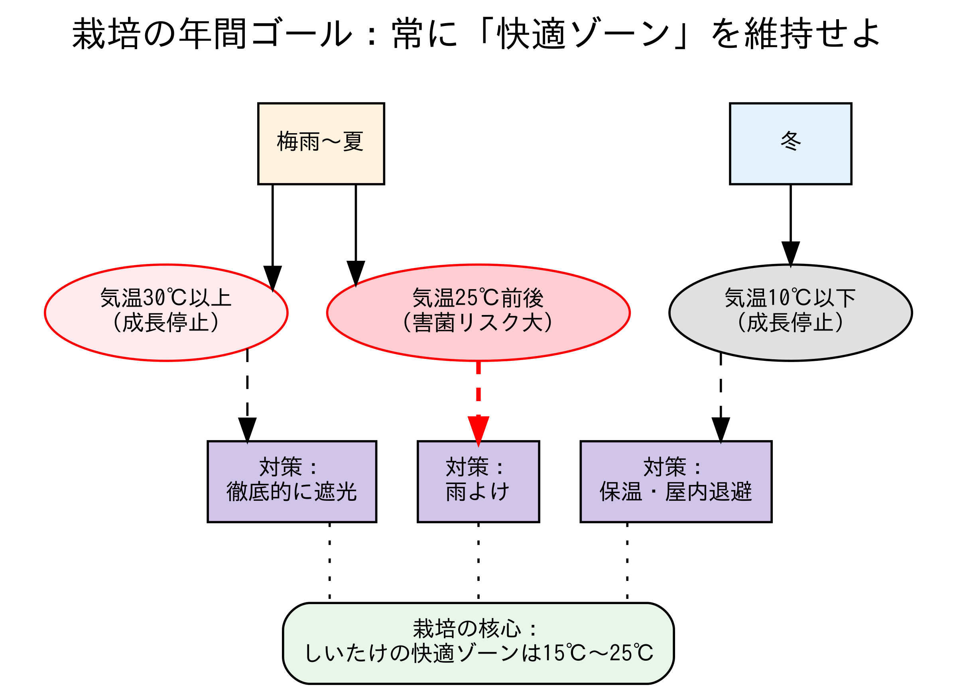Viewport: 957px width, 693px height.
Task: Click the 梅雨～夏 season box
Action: pos(321,144)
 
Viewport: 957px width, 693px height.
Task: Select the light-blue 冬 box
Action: pos(790,144)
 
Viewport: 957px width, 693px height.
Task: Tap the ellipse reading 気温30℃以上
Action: pos(166,313)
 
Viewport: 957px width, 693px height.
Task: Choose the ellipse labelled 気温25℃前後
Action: pos(478,313)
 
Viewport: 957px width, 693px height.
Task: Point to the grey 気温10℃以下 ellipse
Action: pos(790,313)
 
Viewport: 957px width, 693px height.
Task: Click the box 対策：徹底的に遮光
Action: pos(291,482)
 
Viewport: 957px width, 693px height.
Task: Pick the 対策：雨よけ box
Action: pos(478,482)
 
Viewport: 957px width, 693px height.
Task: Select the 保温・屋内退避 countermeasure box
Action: pos(676,482)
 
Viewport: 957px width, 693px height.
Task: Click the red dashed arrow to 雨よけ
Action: pos(478,397)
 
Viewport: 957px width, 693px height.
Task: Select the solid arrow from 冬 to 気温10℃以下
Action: pos(790,219)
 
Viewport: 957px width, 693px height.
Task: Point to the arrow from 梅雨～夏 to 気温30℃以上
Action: pos(273,228)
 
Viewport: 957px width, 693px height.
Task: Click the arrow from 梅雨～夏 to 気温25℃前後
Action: pos(356,228)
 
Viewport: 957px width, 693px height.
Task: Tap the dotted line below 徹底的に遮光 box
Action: pos(329,561)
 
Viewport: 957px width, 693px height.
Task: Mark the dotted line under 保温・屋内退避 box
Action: pos(627,561)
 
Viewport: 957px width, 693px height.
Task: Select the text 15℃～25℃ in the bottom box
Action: pos(597,653)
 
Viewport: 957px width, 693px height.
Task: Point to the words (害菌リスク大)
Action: pos(478,323)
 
